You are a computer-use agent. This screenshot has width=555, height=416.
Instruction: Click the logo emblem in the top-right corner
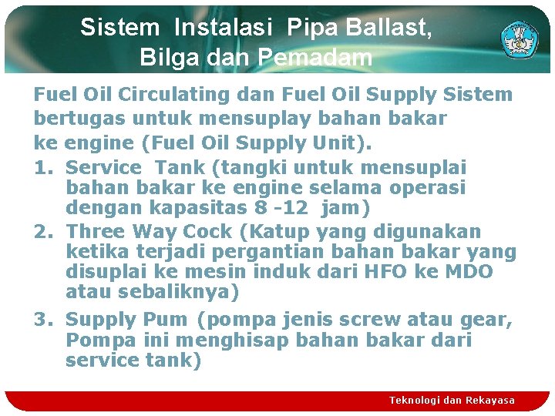[x=520, y=39]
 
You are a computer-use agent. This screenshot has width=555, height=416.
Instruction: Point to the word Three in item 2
[x=96, y=231]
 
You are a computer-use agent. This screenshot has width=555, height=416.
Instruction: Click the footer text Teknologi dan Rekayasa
[x=452, y=400]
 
